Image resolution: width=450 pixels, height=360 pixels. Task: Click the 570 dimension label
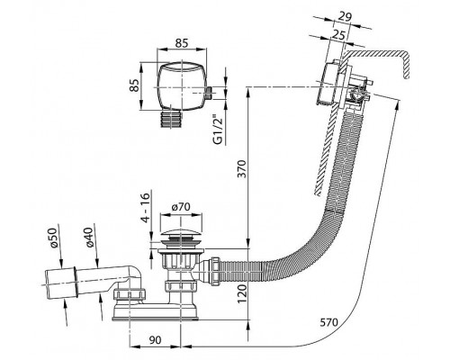click(328, 323)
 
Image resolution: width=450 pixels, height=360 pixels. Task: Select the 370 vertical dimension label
click(242, 169)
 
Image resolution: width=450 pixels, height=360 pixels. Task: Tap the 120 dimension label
click(242, 293)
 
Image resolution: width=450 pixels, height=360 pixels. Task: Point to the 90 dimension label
click(155, 339)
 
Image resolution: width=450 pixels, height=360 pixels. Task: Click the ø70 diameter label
click(181, 207)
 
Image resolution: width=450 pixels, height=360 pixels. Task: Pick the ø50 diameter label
click(52, 238)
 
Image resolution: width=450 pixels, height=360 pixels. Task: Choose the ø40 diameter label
click(89, 238)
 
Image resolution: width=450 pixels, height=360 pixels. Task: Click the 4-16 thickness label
click(145, 208)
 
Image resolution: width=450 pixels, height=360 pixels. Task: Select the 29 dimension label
click(345, 17)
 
